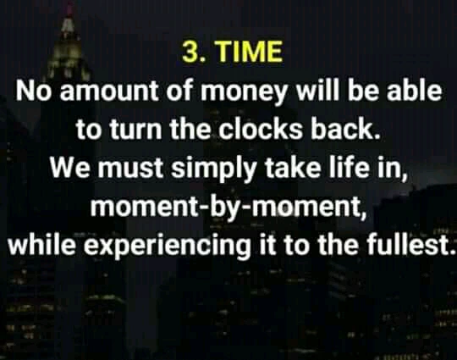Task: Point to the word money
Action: [x=245, y=92]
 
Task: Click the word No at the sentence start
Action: [x=34, y=90]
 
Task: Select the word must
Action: [x=130, y=169]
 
